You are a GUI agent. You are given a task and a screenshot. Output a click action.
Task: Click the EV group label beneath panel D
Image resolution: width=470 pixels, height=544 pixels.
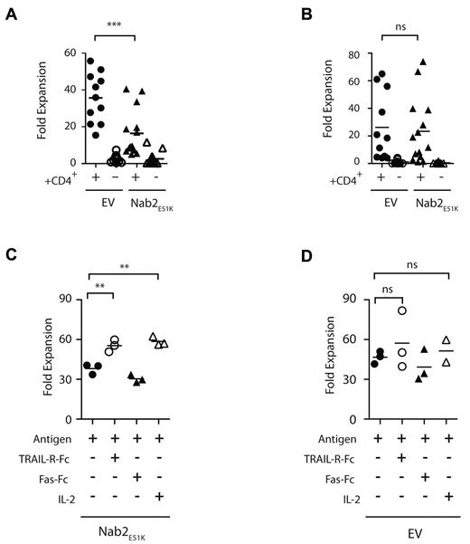398,530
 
